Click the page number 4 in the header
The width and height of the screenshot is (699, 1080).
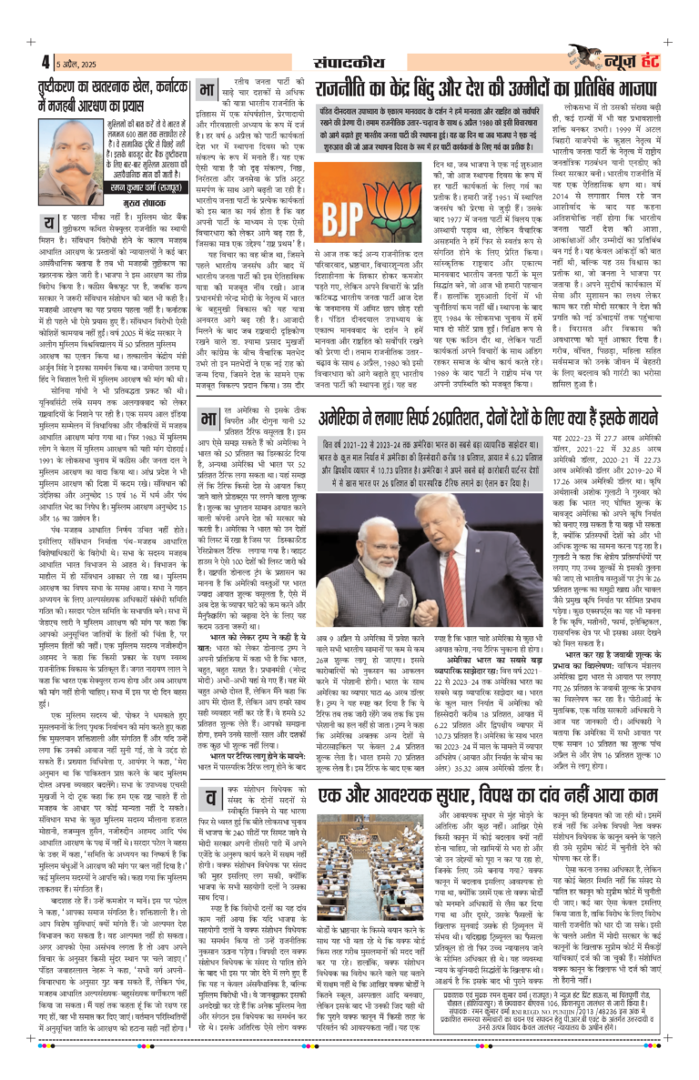pyautogui.click(x=46, y=63)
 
